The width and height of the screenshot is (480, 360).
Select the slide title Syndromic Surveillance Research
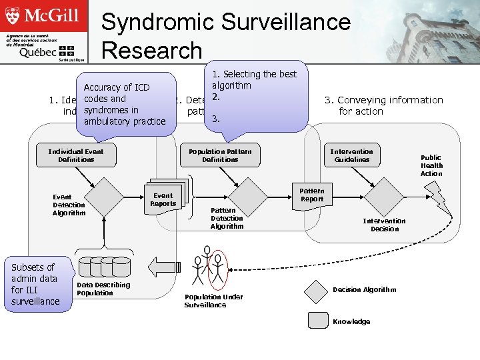tap(225, 36)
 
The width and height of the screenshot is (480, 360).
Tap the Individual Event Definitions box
tap(76, 155)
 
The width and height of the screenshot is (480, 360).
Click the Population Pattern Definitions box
tap(220, 155)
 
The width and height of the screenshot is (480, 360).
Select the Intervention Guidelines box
tap(352, 155)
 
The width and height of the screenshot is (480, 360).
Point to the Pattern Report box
tap(311, 195)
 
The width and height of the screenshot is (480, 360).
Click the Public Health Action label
tap(431, 165)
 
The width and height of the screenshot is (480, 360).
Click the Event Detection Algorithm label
tap(69, 205)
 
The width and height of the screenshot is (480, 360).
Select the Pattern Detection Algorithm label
tap(227, 219)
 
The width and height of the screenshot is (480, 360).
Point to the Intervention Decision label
tap(384, 225)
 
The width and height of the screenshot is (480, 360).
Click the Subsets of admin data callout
tap(35, 284)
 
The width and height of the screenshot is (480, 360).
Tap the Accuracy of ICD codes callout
tap(126, 104)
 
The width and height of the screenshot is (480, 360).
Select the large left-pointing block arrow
tap(163, 267)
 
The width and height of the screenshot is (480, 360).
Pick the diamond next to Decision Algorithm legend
tap(317, 289)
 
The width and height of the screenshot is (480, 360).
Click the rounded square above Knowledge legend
tap(317, 320)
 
